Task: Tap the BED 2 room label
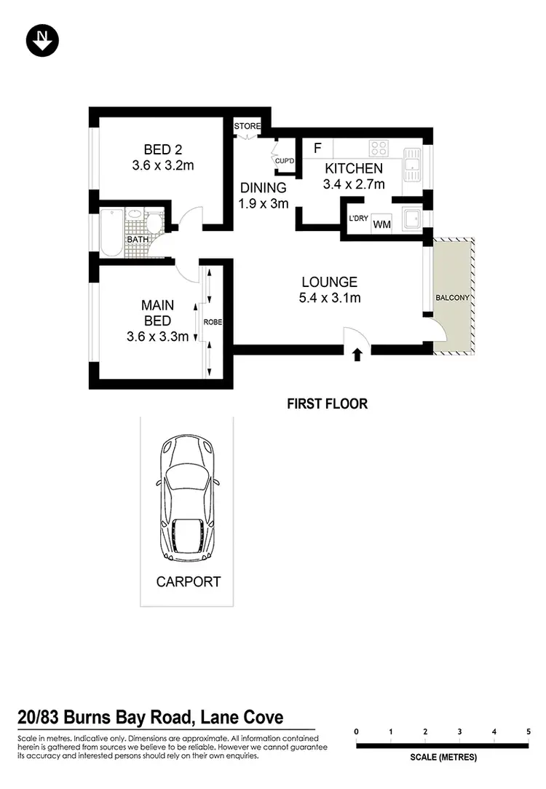pyautogui.click(x=162, y=150)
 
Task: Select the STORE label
pyautogui.click(x=247, y=127)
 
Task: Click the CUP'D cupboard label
pyautogui.click(x=284, y=161)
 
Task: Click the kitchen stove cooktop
pyautogui.click(x=379, y=149)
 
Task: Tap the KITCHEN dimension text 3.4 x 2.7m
pyautogui.click(x=354, y=184)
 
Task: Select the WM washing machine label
pyautogui.click(x=381, y=225)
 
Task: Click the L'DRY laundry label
pyautogui.click(x=358, y=219)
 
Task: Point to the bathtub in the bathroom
pyautogui.click(x=111, y=232)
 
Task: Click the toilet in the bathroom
pyautogui.click(x=154, y=221)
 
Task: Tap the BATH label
pyautogui.click(x=138, y=239)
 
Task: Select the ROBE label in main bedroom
pyautogui.click(x=213, y=321)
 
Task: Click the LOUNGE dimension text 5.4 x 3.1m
pyautogui.click(x=330, y=297)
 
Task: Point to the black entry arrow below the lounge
pyautogui.click(x=357, y=355)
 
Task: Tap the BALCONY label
pyautogui.click(x=453, y=298)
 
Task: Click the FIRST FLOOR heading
pyautogui.click(x=327, y=404)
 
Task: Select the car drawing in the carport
pyautogui.click(x=187, y=498)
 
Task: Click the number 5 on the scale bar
pyautogui.click(x=528, y=731)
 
